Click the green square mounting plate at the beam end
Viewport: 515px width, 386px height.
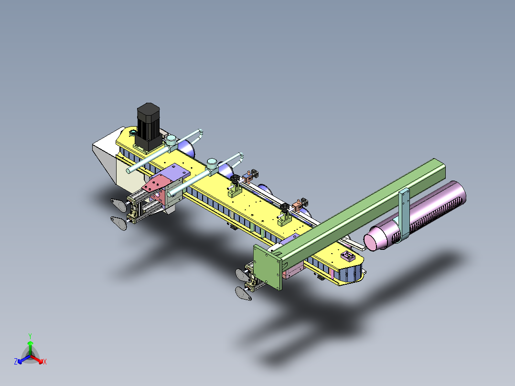[x=268, y=267]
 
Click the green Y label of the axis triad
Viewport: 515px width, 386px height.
[x=30, y=336]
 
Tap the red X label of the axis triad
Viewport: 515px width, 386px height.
[x=45, y=362]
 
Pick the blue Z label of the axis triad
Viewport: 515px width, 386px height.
[x=15, y=362]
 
